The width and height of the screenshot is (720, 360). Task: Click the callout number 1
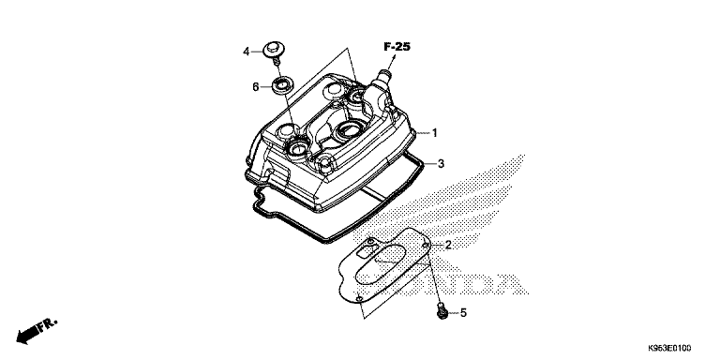pyautogui.click(x=435, y=133)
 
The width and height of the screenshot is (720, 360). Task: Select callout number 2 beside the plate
pyautogui.click(x=448, y=245)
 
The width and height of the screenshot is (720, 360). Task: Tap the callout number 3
pyautogui.click(x=441, y=163)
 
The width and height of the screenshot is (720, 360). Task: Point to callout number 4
pyautogui.click(x=247, y=52)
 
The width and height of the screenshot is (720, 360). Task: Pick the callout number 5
pyautogui.click(x=463, y=313)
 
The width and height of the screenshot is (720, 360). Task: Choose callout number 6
pyautogui.click(x=255, y=87)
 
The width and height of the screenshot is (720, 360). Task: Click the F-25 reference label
pyautogui.click(x=397, y=47)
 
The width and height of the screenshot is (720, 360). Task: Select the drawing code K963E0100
pyautogui.click(x=669, y=348)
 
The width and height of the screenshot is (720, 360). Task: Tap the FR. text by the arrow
pyautogui.click(x=48, y=324)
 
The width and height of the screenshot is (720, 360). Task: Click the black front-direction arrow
pyautogui.click(x=27, y=337)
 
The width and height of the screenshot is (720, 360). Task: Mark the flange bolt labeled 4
pyautogui.click(x=273, y=52)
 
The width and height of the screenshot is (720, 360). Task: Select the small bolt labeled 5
pyautogui.click(x=442, y=311)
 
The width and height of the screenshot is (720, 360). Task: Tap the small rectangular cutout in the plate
pyautogui.click(x=367, y=250)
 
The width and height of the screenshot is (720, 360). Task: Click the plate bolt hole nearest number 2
pyautogui.click(x=426, y=246)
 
